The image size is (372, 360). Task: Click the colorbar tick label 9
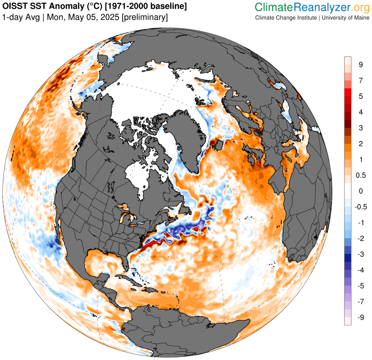(360, 65)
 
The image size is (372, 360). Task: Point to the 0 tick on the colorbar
(360, 191)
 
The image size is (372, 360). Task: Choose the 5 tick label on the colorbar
(360, 96)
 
